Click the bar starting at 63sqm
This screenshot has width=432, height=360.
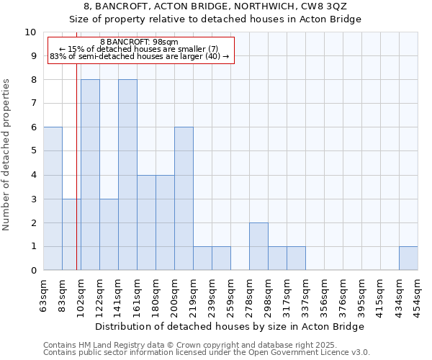(53, 199)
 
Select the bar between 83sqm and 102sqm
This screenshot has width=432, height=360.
(71, 235)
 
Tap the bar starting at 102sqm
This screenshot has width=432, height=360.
(90, 175)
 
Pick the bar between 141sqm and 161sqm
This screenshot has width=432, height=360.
(127, 175)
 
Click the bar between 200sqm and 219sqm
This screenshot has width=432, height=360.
(184, 199)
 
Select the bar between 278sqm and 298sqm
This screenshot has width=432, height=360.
(258, 246)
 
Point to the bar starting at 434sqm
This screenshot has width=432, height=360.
(408, 258)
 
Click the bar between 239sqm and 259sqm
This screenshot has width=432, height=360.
(221, 258)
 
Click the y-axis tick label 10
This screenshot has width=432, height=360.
(30, 32)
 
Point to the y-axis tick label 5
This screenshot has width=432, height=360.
(33, 151)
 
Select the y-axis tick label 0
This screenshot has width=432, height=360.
(33, 271)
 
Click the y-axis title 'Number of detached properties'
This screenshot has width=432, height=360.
(7, 156)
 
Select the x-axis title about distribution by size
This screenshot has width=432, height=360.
(230, 326)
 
